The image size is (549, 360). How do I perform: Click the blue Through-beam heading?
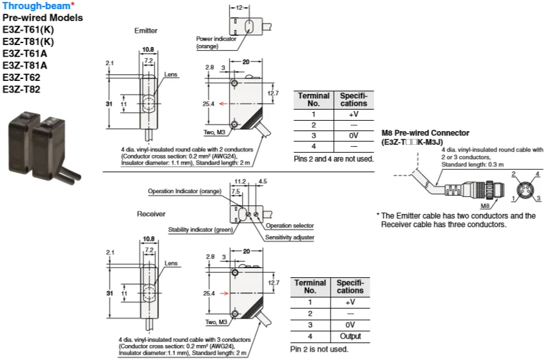[x=37, y=6]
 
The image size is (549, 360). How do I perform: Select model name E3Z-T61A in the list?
[x=25, y=53]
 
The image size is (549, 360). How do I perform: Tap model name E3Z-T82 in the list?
[x=22, y=89]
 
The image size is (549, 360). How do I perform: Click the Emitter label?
[x=145, y=31]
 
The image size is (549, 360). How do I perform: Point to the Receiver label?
[x=151, y=214]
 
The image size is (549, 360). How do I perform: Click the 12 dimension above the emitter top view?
[x=239, y=7]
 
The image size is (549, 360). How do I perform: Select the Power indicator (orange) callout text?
[x=216, y=42]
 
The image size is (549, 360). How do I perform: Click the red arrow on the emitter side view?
[x=223, y=104]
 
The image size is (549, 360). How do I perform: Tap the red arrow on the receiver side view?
[x=224, y=293]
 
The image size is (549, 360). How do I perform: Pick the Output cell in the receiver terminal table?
[x=351, y=336]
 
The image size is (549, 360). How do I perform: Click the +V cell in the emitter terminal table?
[x=353, y=114]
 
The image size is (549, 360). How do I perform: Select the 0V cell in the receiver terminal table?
[x=350, y=325]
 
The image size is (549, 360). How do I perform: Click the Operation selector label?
[x=289, y=226]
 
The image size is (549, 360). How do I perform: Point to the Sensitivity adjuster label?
[x=289, y=237]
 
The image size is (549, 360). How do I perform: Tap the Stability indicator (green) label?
[x=201, y=230]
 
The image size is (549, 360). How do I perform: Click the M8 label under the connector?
[x=485, y=206]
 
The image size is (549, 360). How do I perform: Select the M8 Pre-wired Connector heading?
[x=425, y=133]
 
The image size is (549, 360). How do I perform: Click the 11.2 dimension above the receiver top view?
[x=240, y=181]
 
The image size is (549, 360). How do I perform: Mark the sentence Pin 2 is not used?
[x=319, y=349]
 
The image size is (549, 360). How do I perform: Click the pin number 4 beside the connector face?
[x=537, y=174]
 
